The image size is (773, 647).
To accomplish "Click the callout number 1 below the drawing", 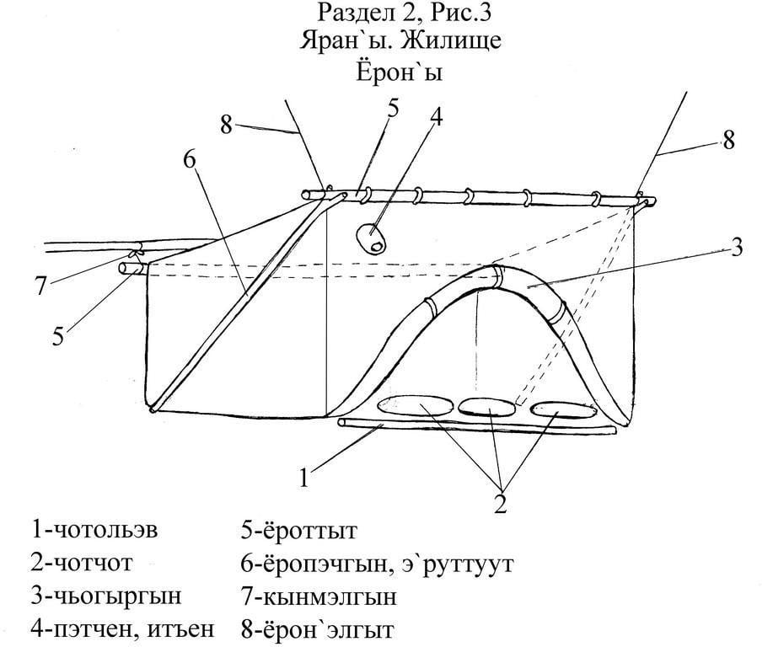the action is click(x=304, y=477).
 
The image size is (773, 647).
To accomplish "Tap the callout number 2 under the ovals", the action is click(x=501, y=505).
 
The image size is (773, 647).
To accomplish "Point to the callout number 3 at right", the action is click(x=736, y=248).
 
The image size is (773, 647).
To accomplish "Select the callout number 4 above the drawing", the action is click(x=436, y=118).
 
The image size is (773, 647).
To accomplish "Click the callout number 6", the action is click(x=190, y=160).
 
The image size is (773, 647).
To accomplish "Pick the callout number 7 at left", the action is click(x=40, y=286).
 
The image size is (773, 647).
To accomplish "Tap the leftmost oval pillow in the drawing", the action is click(x=415, y=404).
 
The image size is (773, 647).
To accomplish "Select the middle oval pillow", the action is click(x=488, y=405).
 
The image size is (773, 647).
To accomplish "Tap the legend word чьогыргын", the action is click(x=115, y=596).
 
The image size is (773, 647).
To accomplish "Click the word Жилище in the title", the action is click(x=451, y=40).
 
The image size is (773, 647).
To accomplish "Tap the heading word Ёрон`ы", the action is click(x=400, y=72).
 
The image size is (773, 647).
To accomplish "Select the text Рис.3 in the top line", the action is click(x=461, y=13).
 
